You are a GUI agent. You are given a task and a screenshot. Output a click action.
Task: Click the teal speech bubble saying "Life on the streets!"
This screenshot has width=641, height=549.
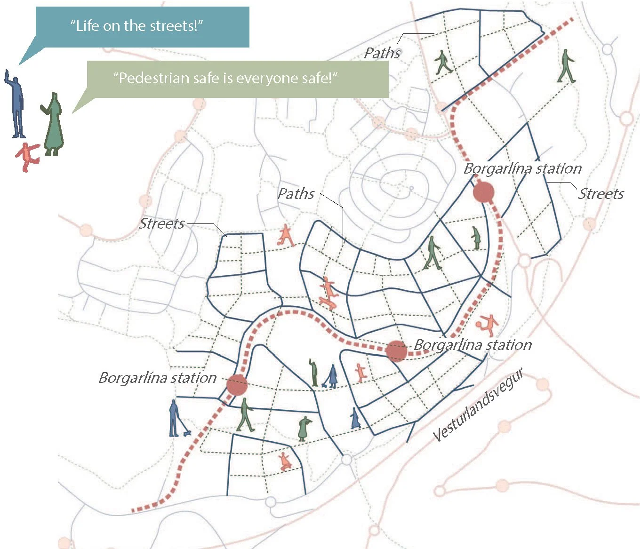[x=141, y=26]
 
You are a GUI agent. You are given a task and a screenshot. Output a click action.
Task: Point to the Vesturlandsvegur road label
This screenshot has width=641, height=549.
[x=478, y=406]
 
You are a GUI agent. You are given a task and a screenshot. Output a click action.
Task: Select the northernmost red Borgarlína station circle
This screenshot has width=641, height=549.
[x=483, y=192]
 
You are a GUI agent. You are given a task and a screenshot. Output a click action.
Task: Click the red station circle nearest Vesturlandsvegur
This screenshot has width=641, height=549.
[x=396, y=350]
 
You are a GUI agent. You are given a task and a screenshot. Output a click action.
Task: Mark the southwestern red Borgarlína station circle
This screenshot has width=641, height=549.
[x=237, y=385]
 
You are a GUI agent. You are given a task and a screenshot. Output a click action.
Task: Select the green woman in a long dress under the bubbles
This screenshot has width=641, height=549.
[x=53, y=124]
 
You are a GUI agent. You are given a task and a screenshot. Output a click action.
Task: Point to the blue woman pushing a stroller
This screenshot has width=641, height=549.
[x=332, y=376]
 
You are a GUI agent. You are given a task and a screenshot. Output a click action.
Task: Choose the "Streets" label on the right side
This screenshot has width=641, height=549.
[x=601, y=194]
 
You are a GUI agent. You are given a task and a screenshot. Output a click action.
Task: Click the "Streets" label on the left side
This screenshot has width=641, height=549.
[x=161, y=223]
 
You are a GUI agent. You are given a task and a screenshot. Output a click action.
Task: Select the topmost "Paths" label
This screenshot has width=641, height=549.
[x=382, y=53]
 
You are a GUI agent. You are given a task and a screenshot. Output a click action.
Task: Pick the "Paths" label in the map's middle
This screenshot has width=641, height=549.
[x=296, y=194]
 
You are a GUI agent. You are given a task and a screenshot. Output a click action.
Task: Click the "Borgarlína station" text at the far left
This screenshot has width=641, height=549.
[x=157, y=378]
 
